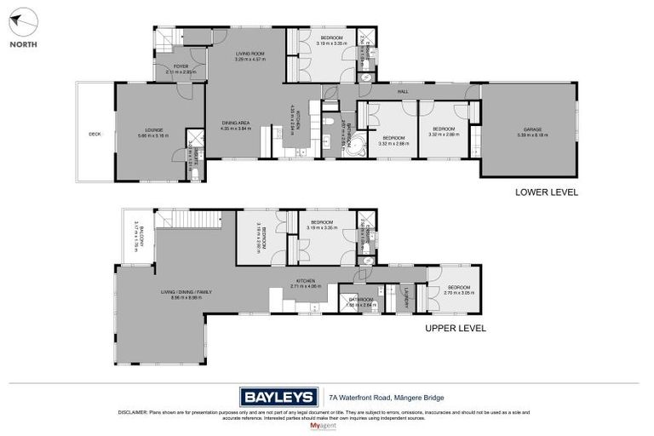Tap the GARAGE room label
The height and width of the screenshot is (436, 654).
coord(531,130)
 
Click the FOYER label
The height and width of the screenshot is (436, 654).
coord(181,66)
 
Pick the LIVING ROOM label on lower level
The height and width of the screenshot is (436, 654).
coord(250,53)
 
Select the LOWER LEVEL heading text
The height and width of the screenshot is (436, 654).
coord(547,192)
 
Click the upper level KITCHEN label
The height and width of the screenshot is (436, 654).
coord(306,280)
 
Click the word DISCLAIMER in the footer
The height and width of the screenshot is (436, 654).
coord(135,412)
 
